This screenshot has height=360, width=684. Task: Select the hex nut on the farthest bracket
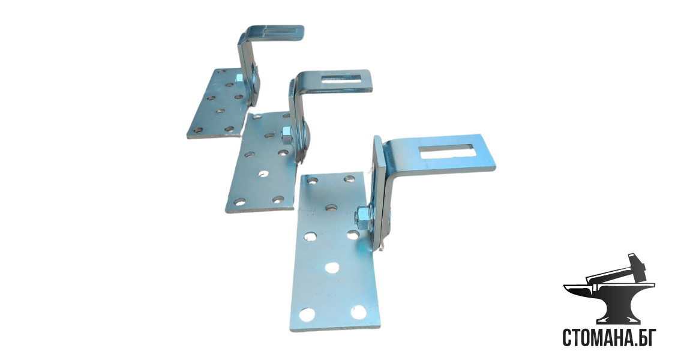(239, 79)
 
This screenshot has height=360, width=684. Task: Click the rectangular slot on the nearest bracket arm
(445, 151)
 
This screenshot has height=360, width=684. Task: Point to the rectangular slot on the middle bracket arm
(340, 79)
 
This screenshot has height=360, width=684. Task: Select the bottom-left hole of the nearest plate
(307, 314)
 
